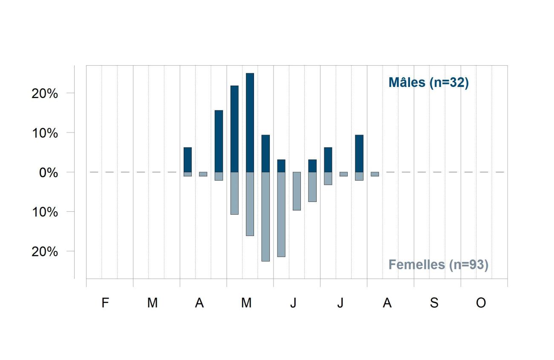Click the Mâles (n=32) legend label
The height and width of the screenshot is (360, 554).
(x=429, y=83)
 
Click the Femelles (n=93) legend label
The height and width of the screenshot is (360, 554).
(x=439, y=265)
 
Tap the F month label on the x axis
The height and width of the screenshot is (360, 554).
(x=105, y=303)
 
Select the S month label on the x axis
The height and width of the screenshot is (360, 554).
(x=434, y=303)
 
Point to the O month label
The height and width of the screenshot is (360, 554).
(x=481, y=303)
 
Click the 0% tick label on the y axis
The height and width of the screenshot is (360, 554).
(x=49, y=173)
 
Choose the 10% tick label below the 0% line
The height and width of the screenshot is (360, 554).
(x=45, y=212)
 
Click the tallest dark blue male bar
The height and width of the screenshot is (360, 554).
(x=250, y=123)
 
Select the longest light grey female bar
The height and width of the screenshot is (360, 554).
(x=265, y=216)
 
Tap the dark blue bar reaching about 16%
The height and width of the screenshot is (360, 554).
(x=219, y=141)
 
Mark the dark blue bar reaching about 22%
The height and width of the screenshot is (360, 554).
(x=234, y=129)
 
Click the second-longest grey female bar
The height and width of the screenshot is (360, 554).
(x=281, y=214)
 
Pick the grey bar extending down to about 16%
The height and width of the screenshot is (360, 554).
(x=250, y=204)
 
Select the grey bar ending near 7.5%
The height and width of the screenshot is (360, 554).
(x=312, y=187)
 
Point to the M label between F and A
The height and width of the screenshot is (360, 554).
(x=153, y=303)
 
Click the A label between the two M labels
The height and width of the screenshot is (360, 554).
(x=199, y=303)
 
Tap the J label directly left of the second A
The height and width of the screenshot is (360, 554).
(x=340, y=303)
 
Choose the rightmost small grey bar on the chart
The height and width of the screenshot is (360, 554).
(x=375, y=174)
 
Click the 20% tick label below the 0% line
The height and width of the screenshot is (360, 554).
(x=45, y=252)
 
